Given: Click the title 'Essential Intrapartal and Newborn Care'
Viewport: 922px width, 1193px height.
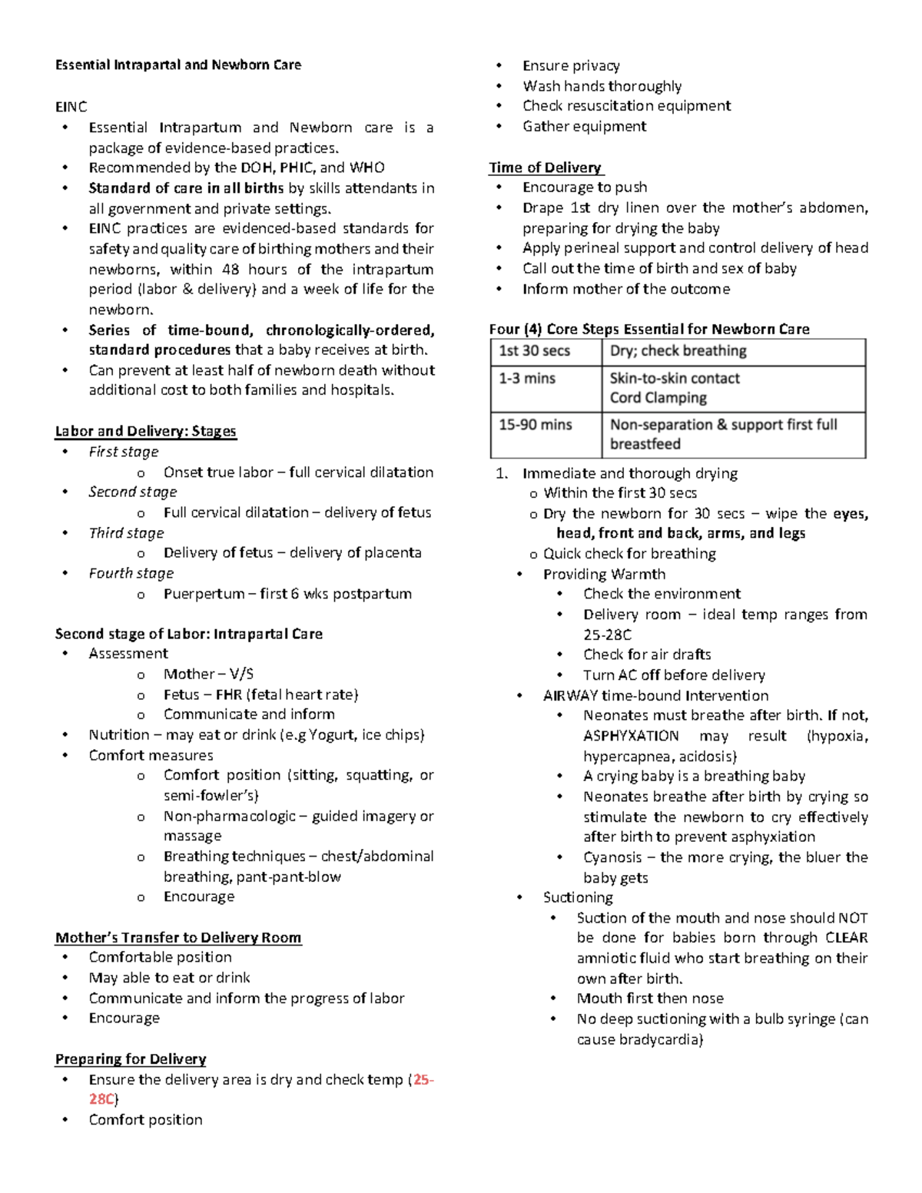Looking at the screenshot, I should coord(177,65).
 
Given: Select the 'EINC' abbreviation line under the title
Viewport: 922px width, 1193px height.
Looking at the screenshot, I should coord(71,107).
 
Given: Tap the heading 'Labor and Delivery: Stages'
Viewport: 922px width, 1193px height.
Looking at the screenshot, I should coord(145,431).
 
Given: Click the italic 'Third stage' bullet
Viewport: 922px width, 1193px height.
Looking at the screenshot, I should coord(126,533).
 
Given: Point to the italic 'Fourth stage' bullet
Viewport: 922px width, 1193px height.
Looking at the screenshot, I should coord(131,573).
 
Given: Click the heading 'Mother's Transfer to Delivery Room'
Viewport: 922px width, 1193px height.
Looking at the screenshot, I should coord(177,937).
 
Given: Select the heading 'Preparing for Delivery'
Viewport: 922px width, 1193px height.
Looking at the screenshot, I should coord(130,1059).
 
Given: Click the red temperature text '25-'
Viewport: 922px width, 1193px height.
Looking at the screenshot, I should coord(423,1079).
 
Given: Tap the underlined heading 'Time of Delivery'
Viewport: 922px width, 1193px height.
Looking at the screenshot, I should coord(546,167).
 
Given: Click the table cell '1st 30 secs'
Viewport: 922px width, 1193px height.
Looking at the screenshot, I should coord(534,351).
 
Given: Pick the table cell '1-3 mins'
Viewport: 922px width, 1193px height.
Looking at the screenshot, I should coord(527,378).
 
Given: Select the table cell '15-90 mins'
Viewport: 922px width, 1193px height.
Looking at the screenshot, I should coord(535,425).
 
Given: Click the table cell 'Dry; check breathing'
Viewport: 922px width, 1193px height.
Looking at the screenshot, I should coord(678,351).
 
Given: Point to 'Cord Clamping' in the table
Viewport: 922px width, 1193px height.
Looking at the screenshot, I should coord(658,398).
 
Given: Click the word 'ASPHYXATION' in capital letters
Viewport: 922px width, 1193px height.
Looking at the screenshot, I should coord(631,736).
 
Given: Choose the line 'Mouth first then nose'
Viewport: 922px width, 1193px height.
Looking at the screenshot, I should coord(650,999).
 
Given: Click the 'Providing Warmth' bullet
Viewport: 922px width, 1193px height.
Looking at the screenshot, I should coord(604,574).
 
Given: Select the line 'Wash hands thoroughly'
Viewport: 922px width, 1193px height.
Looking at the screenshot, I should coord(602,86).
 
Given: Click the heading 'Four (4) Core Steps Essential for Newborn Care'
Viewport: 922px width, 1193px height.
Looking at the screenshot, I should coord(649,329).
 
